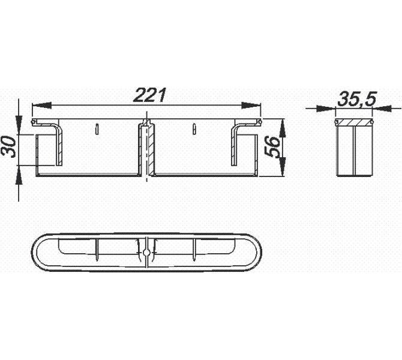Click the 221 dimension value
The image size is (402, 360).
[x=151, y=95]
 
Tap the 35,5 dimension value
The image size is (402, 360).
[x=357, y=99]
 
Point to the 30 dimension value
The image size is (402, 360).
[x=8, y=147]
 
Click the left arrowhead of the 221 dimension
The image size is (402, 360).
[x=41, y=105]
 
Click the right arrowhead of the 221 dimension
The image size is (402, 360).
[x=251, y=105]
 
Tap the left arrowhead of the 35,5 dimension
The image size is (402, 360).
[x=326, y=109]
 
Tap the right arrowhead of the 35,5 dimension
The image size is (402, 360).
[x=382, y=109]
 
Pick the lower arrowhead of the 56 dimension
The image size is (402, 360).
[x=283, y=167]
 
